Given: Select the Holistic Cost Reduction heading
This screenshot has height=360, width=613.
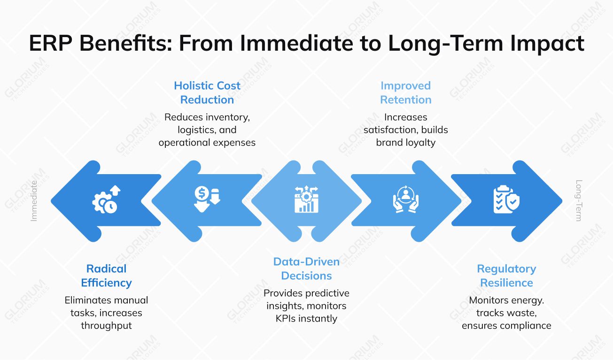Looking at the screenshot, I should (207, 92).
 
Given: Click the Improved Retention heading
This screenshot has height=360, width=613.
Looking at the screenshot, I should (405, 92).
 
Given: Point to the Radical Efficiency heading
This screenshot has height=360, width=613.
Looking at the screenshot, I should (106, 276).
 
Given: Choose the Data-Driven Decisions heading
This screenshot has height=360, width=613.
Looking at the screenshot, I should (306, 268).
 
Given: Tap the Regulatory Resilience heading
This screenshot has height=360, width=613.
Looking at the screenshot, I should (506, 276).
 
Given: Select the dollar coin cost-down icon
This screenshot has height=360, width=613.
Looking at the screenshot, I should (207, 199).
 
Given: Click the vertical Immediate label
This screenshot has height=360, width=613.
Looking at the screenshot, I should (34, 201).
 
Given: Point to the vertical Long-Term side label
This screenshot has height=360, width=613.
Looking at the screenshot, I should (579, 201).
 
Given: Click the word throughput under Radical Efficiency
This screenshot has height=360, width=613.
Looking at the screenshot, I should (106, 325).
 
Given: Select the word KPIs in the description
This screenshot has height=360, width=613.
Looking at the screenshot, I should (288, 318).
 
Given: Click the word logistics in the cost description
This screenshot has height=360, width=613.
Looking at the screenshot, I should (198, 130).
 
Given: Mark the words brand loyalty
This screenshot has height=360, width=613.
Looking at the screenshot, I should (405, 142).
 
